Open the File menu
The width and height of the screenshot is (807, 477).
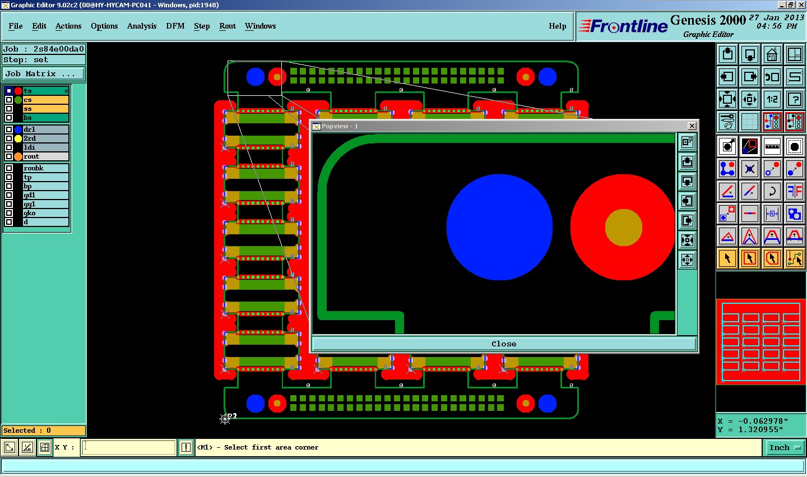click(16, 26)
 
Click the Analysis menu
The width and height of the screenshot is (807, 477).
click(142, 26)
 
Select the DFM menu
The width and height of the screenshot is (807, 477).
click(175, 26)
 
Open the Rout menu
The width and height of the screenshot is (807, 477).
click(228, 26)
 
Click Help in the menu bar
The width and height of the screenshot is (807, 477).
click(557, 26)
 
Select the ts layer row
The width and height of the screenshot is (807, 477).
click(45, 91)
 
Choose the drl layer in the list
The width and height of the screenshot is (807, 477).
click(45, 129)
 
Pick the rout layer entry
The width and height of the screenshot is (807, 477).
click(45, 156)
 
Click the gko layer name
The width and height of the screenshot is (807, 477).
click(30, 213)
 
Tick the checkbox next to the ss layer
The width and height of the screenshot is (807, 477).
click(9, 109)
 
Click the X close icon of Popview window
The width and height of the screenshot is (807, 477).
click(692, 126)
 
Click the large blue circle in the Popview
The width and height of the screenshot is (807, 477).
click(499, 228)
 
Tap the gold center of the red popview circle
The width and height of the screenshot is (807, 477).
click(623, 228)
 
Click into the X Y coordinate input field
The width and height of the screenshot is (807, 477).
click(129, 447)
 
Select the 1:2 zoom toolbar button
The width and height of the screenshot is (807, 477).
click(772, 99)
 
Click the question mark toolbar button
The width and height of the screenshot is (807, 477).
click(795, 99)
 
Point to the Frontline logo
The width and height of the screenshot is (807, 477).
click(624, 26)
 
